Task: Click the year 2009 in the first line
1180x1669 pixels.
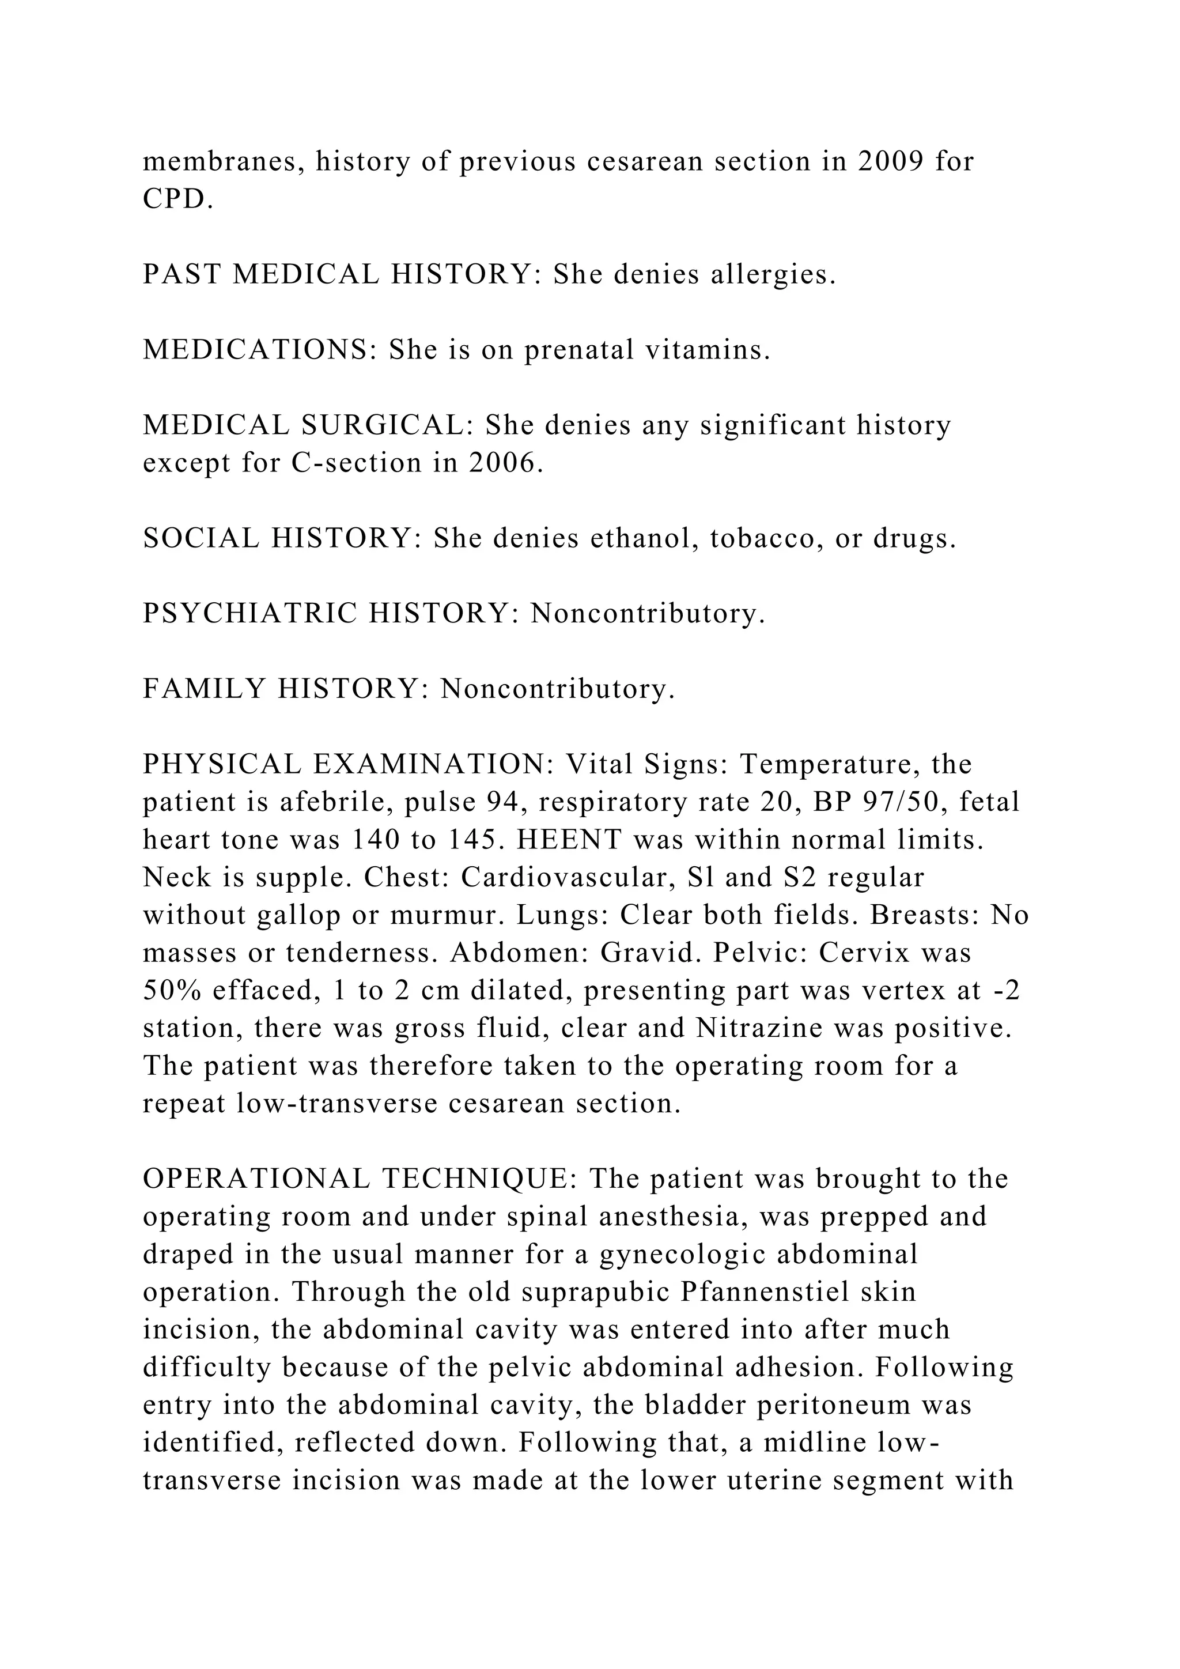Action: (890, 161)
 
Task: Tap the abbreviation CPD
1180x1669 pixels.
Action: (178, 199)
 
